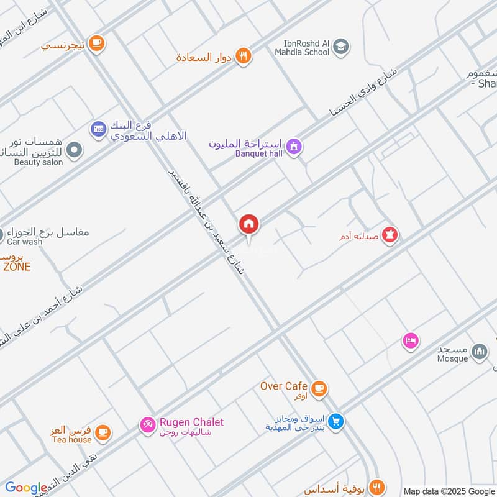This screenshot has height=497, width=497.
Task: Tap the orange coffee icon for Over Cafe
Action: tap(319, 389)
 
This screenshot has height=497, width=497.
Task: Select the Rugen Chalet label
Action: tap(191, 422)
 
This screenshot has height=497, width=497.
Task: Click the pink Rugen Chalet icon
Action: tap(148, 425)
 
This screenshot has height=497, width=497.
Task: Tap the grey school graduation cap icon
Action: tap(340, 46)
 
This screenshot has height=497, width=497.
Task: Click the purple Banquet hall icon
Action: tap(294, 147)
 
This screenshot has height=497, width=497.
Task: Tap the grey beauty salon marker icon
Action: tap(75, 150)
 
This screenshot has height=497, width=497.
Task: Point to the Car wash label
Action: tap(24, 242)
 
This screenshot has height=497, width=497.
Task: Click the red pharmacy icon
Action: tap(390, 235)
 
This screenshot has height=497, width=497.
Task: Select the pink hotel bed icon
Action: tap(410, 340)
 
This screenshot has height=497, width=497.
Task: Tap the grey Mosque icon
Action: tap(479, 352)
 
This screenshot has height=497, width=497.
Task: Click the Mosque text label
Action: tap(452, 358)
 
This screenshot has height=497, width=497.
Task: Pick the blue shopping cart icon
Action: tap(336, 421)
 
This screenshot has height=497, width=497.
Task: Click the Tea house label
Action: tap(71, 440)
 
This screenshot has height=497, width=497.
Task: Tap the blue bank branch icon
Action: tap(98, 129)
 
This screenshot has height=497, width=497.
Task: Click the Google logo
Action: tap(25, 488)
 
